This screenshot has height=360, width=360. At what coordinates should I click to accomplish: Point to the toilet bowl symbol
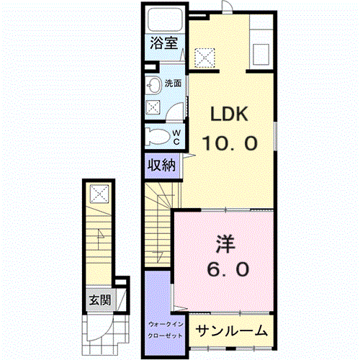click(x=156, y=136)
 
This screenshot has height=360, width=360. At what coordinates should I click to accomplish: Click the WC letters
click(x=176, y=135)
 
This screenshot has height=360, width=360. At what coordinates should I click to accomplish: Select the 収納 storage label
click(x=162, y=166)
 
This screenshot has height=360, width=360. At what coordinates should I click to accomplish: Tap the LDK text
click(x=230, y=114)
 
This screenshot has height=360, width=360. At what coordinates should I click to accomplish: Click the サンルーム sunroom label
click(x=232, y=331)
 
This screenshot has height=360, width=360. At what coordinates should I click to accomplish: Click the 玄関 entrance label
click(x=99, y=300)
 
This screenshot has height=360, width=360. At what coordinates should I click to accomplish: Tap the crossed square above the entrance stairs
click(x=99, y=192)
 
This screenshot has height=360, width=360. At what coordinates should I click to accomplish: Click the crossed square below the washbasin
click(x=153, y=107)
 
